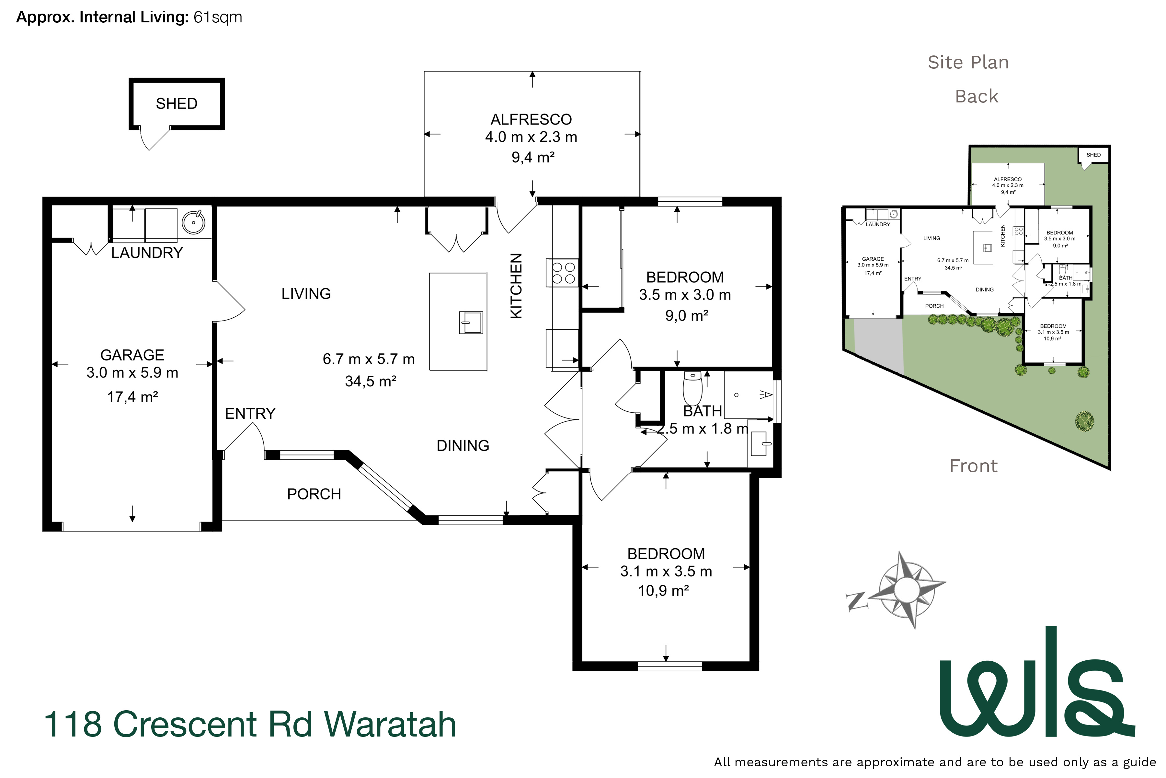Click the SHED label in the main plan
(x=177, y=104)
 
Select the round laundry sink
(x=193, y=222)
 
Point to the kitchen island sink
(x=471, y=323)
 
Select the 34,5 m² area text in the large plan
(x=370, y=382)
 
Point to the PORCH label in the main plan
(x=314, y=494)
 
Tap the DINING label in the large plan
(x=463, y=445)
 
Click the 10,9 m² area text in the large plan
(x=663, y=591)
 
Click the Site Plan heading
(x=968, y=63)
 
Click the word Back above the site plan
(x=976, y=96)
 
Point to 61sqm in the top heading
(x=218, y=18)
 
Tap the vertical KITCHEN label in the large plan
(x=516, y=286)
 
